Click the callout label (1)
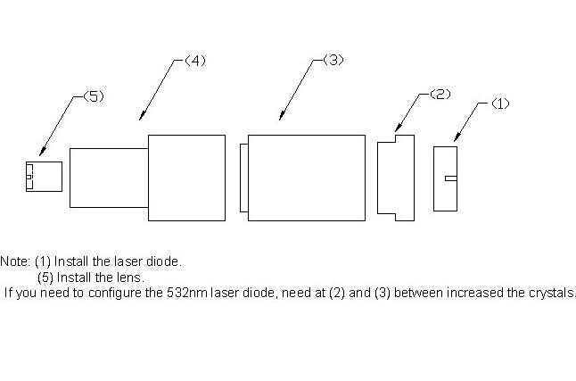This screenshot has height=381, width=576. [x=500, y=104]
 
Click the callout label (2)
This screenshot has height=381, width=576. [x=440, y=95]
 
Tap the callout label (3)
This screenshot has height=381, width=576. [x=333, y=60]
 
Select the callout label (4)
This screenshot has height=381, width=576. [x=195, y=61]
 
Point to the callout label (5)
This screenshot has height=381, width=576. [x=94, y=96]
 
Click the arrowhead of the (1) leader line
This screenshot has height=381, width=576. [x=457, y=137]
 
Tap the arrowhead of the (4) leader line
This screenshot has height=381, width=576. [x=142, y=116]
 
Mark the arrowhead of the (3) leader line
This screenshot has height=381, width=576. [x=281, y=116]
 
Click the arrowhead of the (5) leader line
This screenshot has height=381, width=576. [x=42, y=152]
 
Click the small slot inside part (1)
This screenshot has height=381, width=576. [x=451, y=178]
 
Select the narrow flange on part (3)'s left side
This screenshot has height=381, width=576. [x=244, y=178]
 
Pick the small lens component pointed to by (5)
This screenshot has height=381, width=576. [x=44, y=177]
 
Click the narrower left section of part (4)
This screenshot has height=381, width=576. [x=109, y=178]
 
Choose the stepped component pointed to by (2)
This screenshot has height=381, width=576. [x=396, y=178]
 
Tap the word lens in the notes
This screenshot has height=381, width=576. [x=130, y=277]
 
